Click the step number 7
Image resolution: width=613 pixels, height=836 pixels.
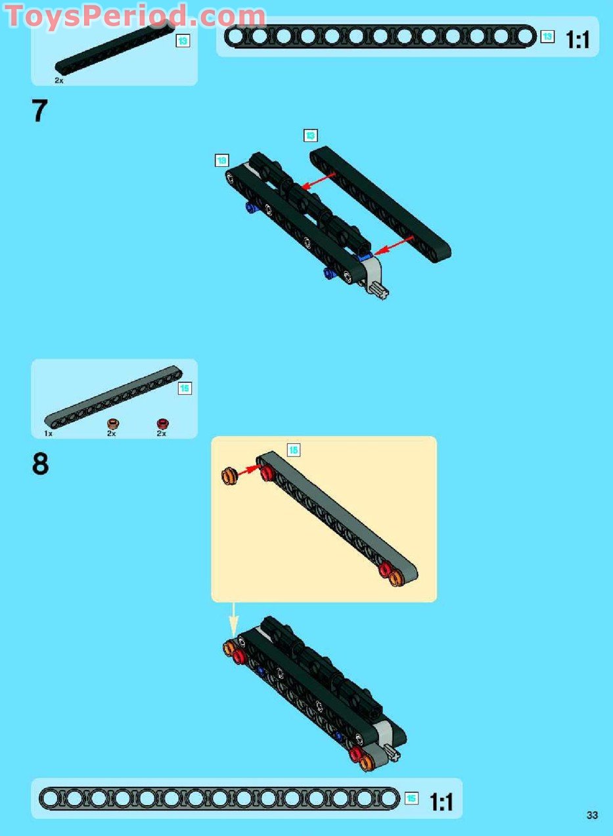39,111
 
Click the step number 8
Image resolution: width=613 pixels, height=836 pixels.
40,464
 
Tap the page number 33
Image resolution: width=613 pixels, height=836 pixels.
593,816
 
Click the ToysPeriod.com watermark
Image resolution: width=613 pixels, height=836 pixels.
135,16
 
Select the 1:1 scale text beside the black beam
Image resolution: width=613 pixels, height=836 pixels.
578,40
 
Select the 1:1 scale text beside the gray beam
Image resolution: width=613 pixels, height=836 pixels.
442,802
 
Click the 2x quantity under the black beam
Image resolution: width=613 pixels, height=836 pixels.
59,80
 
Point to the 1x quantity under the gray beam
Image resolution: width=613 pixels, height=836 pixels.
49,433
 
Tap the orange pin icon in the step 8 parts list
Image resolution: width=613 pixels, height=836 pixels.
112,424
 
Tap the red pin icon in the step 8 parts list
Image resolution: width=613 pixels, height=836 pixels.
162,424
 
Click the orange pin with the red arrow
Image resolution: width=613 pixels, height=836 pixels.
229,475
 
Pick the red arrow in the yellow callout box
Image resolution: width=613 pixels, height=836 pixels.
250,471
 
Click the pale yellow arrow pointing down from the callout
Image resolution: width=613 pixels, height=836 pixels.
233,618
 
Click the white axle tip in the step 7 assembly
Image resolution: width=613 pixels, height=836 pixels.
380,289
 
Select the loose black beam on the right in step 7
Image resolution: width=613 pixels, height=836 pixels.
380,204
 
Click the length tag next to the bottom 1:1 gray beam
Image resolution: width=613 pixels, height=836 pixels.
411,799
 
